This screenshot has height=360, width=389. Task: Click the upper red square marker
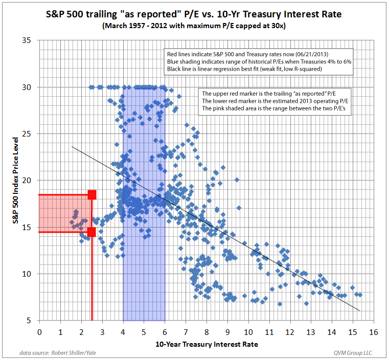(x=91, y=194)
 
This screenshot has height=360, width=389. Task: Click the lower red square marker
(x=91, y=232)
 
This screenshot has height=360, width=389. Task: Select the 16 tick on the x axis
(x=373, y=331)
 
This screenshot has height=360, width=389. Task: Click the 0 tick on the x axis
(x=39, y=331)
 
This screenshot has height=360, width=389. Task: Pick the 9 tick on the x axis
(x=227, y=331)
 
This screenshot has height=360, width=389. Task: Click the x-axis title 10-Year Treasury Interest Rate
(x=207, y=344)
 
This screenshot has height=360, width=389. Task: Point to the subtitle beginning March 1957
(x=194, y=26)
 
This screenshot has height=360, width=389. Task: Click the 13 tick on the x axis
(x=311, y=331)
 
